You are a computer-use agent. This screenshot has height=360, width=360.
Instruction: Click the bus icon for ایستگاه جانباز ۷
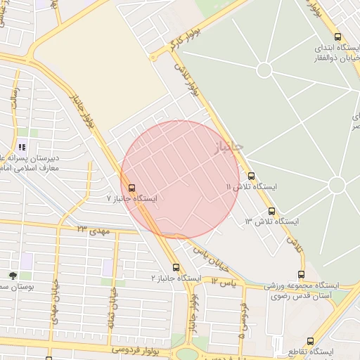[x=131, y=187]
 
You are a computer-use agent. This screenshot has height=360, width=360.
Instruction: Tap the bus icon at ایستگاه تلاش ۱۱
[x=252, y=176]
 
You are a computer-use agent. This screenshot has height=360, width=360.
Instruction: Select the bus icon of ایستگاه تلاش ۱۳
[x=271, y=211]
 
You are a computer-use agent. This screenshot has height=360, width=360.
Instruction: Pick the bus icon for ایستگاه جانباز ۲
[x=176, y=267]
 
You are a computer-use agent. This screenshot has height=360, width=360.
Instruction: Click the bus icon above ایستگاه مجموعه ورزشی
[x=302, y=274]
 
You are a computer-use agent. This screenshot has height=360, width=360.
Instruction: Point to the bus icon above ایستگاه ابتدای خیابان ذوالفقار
[x=338, y=37]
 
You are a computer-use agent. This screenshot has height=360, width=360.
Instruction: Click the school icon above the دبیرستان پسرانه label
[x=22, y=147]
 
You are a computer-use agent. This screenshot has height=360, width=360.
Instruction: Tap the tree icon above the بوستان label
[x=13, y=276]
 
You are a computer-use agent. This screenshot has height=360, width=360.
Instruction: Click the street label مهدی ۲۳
[x=91, y=229]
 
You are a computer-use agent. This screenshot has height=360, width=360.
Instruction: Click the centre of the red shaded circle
[x=180, y=179]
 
